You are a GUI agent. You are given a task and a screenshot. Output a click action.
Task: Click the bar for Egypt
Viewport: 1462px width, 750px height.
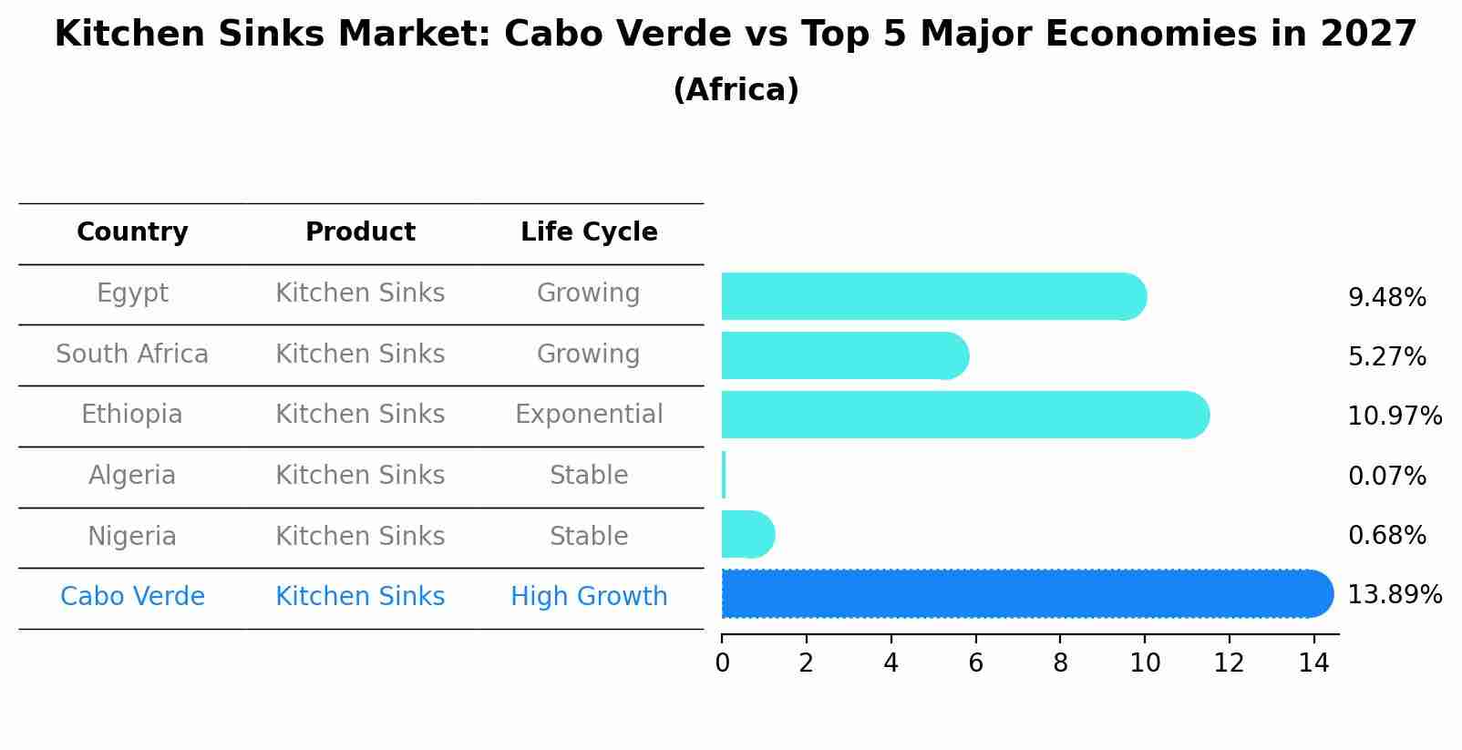(930, 296)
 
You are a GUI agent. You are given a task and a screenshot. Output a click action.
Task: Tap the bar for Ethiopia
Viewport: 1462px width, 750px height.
(962, 415)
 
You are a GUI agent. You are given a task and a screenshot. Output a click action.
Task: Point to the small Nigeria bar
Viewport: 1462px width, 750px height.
(746, 534)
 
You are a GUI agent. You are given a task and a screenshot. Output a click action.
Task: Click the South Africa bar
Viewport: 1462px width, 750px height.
(843, 355)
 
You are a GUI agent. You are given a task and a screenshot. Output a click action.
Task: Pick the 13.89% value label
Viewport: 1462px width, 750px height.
(1394, 595)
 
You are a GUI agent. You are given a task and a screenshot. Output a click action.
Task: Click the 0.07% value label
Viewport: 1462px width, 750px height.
(1386, 476)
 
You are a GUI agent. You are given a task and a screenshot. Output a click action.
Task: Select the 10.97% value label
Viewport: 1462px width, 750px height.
(1394, 416)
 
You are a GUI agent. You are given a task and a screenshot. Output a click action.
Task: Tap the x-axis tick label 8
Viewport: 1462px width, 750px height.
(1060, 663)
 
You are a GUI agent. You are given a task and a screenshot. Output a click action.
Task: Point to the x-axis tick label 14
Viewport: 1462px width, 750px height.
(1313, 663)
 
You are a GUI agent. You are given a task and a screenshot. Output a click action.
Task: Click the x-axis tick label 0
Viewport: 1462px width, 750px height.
(722, 663)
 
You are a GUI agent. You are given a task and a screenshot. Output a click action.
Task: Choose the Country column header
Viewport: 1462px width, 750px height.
(132, 232)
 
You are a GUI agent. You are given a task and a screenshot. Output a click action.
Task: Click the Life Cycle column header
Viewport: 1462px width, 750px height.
(589, 232)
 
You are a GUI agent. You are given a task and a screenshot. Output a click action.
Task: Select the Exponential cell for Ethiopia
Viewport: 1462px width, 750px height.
(589, 415)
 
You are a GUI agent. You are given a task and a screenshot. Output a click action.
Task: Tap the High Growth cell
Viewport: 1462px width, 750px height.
(589, 597)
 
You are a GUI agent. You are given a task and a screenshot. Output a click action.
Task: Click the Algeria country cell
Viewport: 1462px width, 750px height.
(132, 476)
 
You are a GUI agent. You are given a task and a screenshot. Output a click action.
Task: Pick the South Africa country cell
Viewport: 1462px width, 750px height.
(132, 354)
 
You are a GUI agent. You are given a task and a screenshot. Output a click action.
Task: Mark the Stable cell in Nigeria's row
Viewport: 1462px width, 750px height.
(589, 536)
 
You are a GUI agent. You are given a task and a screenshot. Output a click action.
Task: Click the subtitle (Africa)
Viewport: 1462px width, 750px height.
(736, 90)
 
